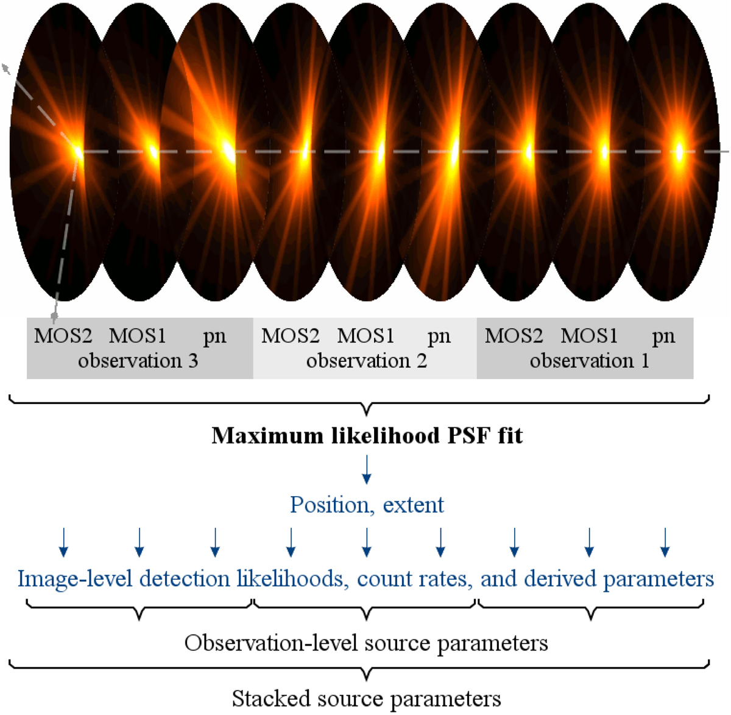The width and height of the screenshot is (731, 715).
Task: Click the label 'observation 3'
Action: click(138, 361)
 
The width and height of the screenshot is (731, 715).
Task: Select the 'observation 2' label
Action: click(366, 361)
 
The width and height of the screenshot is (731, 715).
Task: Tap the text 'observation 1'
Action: click(589, 361)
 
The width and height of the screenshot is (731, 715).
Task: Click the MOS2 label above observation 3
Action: click(63, 336)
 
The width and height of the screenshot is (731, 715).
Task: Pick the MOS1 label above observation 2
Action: click(365, 336)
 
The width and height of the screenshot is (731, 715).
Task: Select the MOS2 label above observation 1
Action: click(514, 336)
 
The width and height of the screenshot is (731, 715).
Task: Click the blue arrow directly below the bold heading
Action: click(366, 469)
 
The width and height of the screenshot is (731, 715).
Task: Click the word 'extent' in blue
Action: click(414, 505)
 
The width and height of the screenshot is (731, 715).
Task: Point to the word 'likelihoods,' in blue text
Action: click(293, 578)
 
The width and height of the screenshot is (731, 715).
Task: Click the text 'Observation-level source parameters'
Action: click(366, 643)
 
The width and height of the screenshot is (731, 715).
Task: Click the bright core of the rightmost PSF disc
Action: click(679, 151)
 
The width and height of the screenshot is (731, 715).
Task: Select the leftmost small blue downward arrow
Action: click(63, 542)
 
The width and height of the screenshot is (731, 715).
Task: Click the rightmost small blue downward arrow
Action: click(665, 542)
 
